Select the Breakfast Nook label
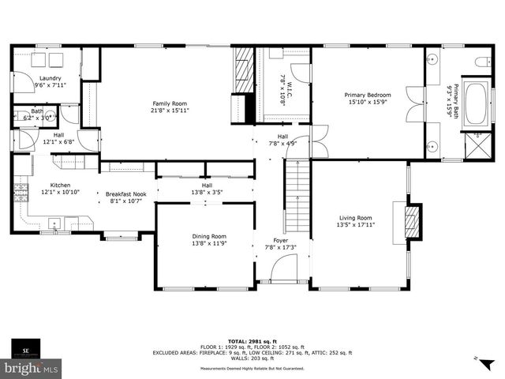[126, 193]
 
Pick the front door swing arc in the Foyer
[282, 273]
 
